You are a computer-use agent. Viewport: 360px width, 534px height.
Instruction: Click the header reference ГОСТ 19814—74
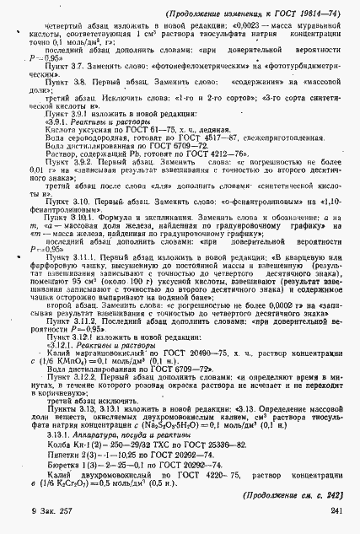tap(304, 13)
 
